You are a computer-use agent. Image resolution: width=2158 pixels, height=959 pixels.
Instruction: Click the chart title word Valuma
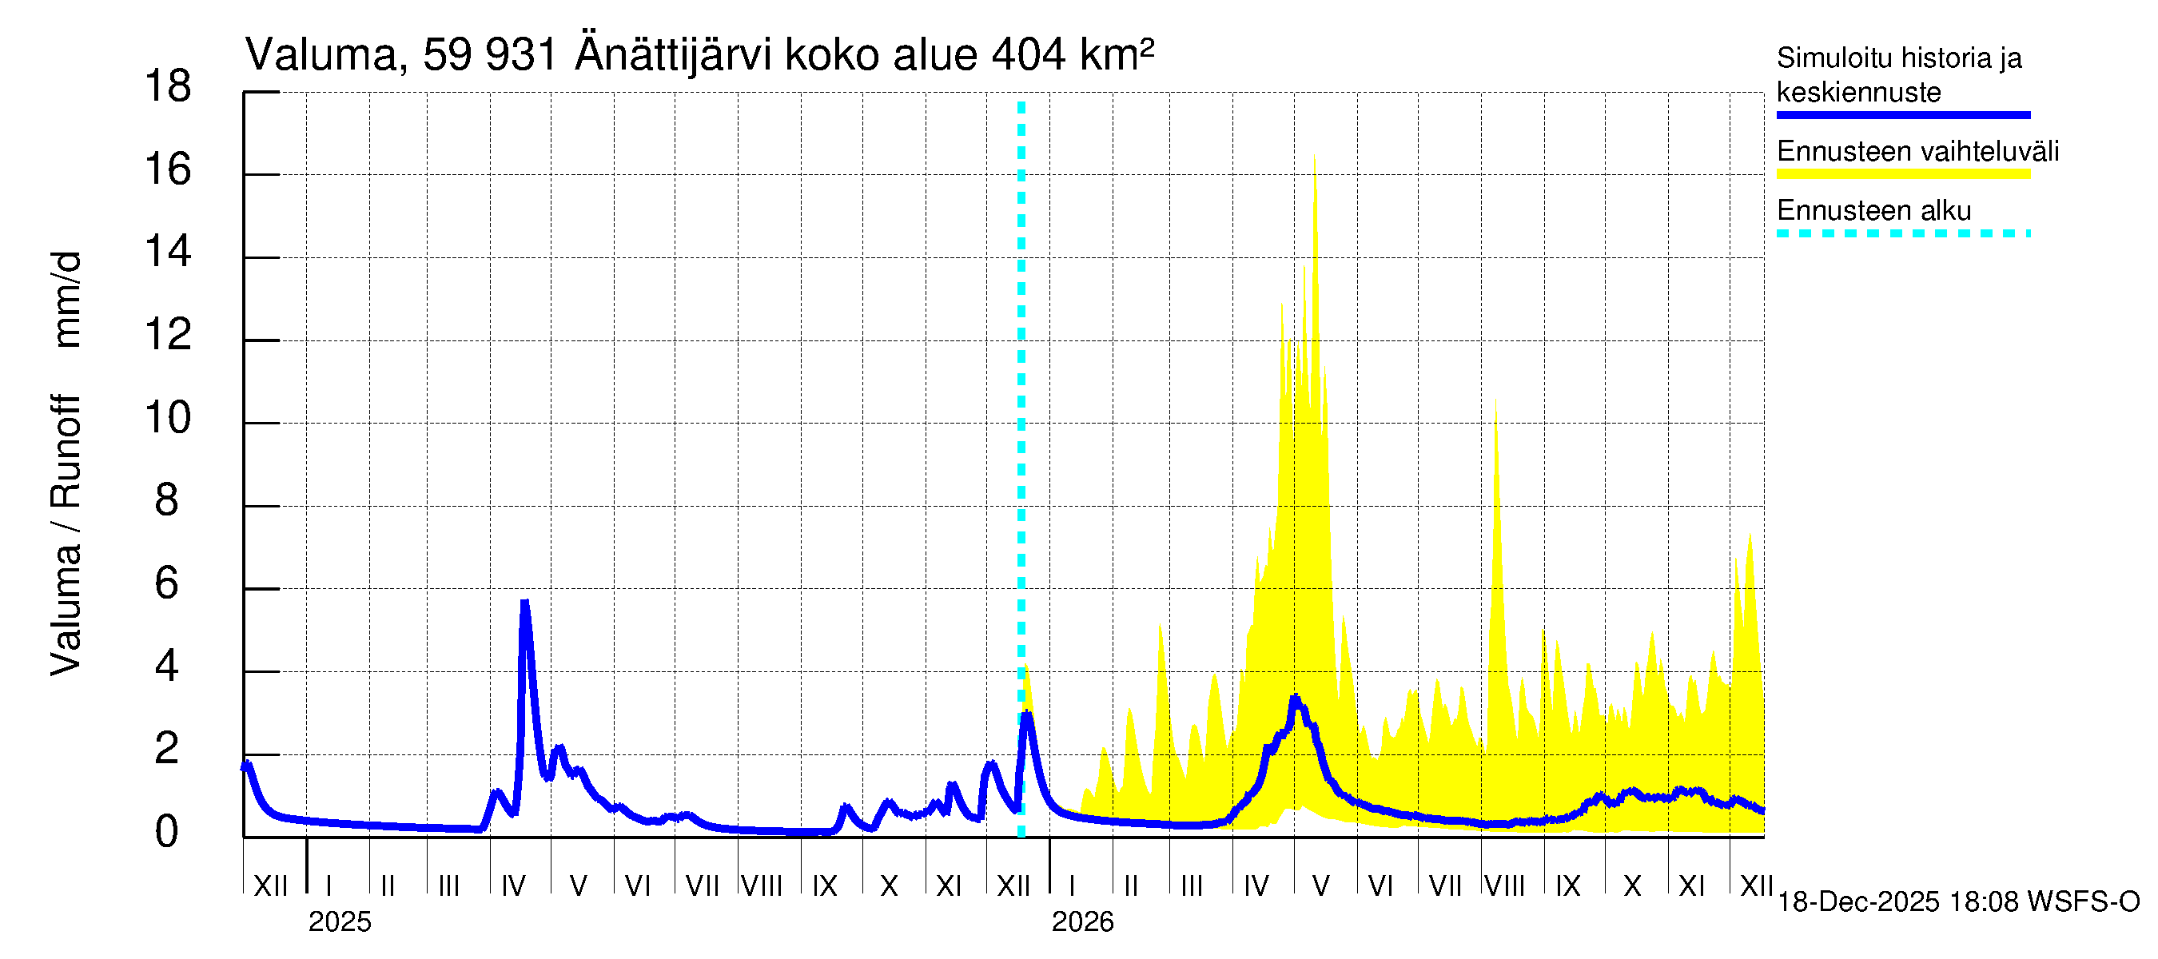pos(321,55)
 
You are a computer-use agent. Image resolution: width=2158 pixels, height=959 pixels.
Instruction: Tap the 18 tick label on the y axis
pos(168,87)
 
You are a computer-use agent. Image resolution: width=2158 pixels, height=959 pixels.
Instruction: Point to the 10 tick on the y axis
pos(168,418)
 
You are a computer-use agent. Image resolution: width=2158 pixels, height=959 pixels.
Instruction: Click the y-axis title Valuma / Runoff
pos(66,536)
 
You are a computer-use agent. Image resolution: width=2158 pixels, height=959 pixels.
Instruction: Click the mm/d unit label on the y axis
pos(66,299)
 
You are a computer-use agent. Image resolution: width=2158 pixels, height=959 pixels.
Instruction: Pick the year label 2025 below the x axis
pos(339,922)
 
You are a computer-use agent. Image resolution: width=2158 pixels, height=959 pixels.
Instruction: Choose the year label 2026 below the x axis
pos(1082,922)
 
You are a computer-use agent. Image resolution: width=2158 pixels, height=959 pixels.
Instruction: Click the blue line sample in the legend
pos(1902,115)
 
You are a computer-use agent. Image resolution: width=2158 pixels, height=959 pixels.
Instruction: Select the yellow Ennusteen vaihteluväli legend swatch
pos(1902,174)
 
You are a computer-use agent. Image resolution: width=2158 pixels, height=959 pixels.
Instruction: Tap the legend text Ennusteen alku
pos(1874,210)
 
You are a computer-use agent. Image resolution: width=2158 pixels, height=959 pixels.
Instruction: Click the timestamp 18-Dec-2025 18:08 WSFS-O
pos(1957,902)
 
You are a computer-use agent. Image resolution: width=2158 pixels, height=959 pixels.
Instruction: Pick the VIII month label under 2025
pos(762,886)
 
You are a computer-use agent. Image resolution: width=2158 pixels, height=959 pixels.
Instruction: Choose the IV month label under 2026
pos(1256,886)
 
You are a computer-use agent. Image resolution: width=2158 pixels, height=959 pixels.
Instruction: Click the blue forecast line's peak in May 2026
pos(1295,698)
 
